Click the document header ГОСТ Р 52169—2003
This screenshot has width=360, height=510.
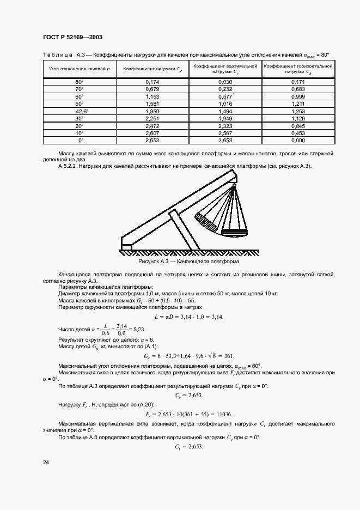tap(72, 37)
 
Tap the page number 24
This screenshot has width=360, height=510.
tap(45, 463)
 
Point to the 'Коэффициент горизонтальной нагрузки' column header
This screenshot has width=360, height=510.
tap(297, 69)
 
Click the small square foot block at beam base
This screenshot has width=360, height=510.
tap(126, 248)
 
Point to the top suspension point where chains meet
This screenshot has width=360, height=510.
tap(234, 185)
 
